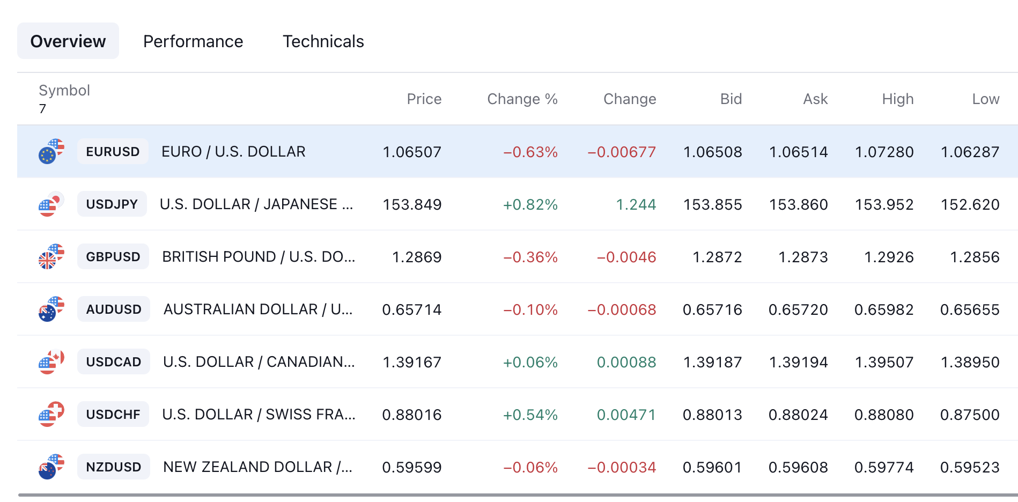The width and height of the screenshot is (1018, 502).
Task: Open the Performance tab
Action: coord(193,41)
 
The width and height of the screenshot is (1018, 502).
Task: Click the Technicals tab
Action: coord(323,41)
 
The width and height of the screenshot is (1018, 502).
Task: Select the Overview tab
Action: coord(68,41)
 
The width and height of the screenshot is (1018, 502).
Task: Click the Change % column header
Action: coord(522,99)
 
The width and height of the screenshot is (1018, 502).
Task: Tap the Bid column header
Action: coord(731,99)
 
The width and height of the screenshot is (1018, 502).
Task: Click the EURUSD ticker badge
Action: coord(113,152)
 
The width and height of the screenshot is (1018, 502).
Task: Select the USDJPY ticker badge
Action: coord(112,204)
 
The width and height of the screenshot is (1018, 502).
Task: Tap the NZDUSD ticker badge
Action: coord(114,467)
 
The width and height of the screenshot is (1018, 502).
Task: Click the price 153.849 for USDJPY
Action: coord(412,204)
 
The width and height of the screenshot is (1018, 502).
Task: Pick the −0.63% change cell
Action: coord(530,152)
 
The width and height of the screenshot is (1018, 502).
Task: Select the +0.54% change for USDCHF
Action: coord(530,415)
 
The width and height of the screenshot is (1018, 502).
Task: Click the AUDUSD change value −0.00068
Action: coord(622,309)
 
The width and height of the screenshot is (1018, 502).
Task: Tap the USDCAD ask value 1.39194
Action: coord(799,362)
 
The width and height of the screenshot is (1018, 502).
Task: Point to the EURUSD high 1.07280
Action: coord(884,152)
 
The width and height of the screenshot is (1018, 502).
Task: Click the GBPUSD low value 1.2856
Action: coord(975,257)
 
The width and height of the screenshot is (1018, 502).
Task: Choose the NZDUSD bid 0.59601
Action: coord(712,467)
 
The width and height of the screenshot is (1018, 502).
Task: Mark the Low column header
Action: coord(986,99)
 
